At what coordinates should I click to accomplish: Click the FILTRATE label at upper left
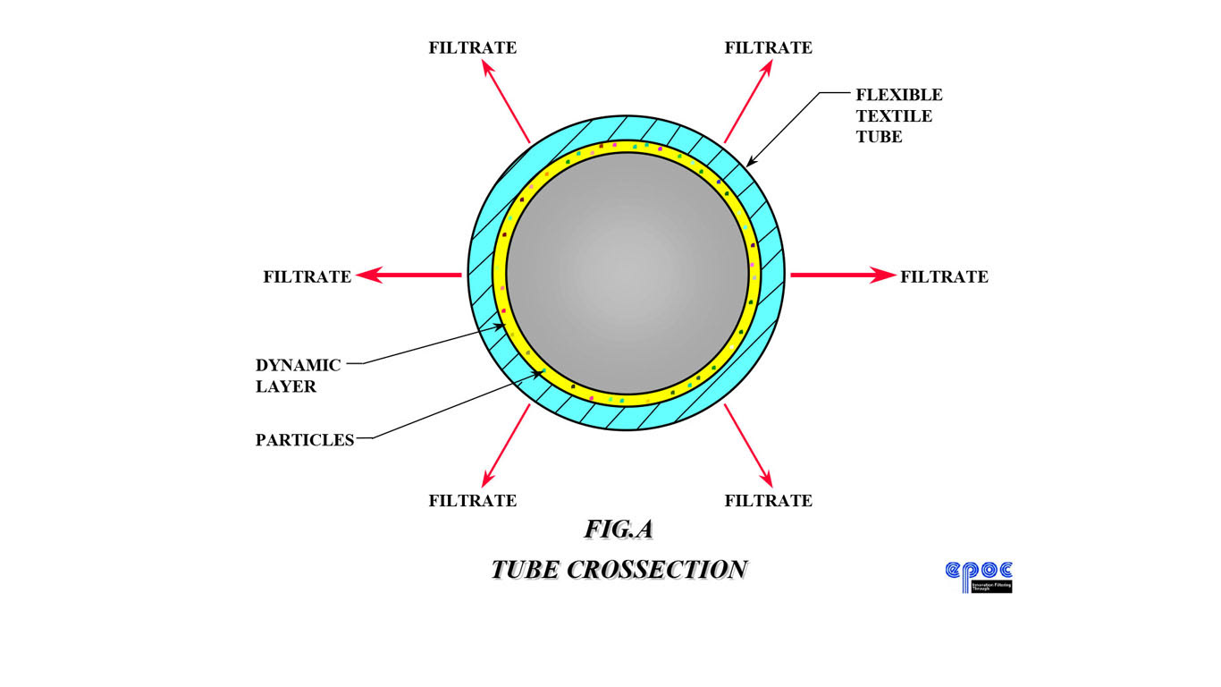coord(472,47)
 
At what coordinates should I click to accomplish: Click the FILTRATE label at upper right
coord(768,47)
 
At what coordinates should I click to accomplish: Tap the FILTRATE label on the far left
coord(307,276)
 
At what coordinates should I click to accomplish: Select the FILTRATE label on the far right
coord(944,276)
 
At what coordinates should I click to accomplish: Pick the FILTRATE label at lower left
coord(472,500)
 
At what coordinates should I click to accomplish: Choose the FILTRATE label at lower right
coord(768,500)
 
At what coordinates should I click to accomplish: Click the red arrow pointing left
coord(409,276)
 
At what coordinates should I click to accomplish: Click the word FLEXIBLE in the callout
coord(899,94)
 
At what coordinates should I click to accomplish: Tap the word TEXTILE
coord(894,115)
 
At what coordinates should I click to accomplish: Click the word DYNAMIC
coord(298,365)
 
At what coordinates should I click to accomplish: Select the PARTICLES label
coord(305,440)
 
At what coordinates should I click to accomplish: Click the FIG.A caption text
coord(619,529)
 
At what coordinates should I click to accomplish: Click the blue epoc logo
coord(979,575)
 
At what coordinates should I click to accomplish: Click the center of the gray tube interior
coord(627,274)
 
